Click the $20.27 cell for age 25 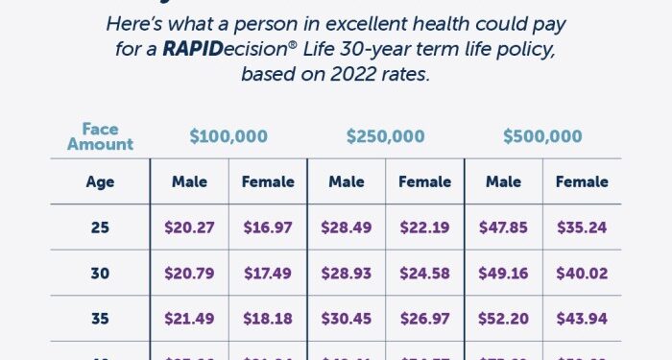click(189, 228)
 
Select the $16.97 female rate click(267, 228)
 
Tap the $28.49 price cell click(347, 228)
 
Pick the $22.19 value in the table click(424, 228)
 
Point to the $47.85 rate click(503, 228)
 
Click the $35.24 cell click(582, 228)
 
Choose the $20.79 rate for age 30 click(189, 274)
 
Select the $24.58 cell click(424, 274)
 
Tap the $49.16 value click(503, 274)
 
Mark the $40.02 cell click(582, 274)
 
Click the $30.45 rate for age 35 click(347, 319)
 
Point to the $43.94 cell click(582, 319)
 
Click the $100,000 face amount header click(228, 137)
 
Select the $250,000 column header click(385, 137)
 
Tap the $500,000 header click(542, 137)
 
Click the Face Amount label click(100, 137)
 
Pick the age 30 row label click(100, 274)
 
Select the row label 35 click(100, 319)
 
